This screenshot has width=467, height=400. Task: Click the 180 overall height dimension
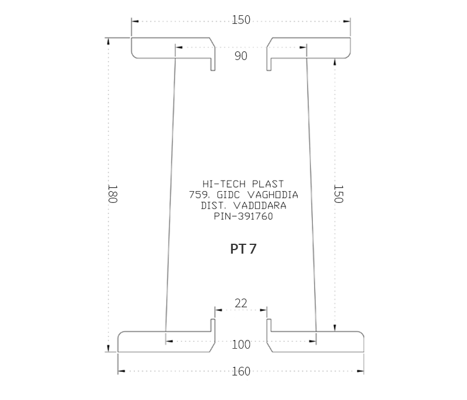(x=112, y=194)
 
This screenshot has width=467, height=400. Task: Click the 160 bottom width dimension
(x=241, y=371)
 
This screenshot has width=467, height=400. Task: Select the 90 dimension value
(x=241, y=56)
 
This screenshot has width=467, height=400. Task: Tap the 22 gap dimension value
(x=241, y=303)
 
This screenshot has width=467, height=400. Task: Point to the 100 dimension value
(x=241, y=345)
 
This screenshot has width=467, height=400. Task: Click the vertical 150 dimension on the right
(x=339, y=194)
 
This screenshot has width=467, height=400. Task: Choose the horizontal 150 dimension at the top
(x=241, y=20)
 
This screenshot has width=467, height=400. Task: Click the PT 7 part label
(x=243, y=249)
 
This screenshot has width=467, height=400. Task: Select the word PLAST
(x=268, y=184)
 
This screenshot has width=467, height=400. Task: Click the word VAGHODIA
(x=273, y=195)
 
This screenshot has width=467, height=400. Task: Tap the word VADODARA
(x=260, y=205)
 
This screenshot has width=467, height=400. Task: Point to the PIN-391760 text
(x=243, y=216)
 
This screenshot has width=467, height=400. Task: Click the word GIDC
(x=228, y=195)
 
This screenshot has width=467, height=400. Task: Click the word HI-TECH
(x=224, y=184)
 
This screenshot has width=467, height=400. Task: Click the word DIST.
(x=214, y=205)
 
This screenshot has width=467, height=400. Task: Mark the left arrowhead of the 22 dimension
(x=218, y=310)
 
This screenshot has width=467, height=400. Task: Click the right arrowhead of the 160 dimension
(x=360, y=371)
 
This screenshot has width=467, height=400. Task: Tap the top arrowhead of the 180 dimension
(x=109, y=41)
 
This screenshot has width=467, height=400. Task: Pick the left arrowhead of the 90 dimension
(x=179, y=47)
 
